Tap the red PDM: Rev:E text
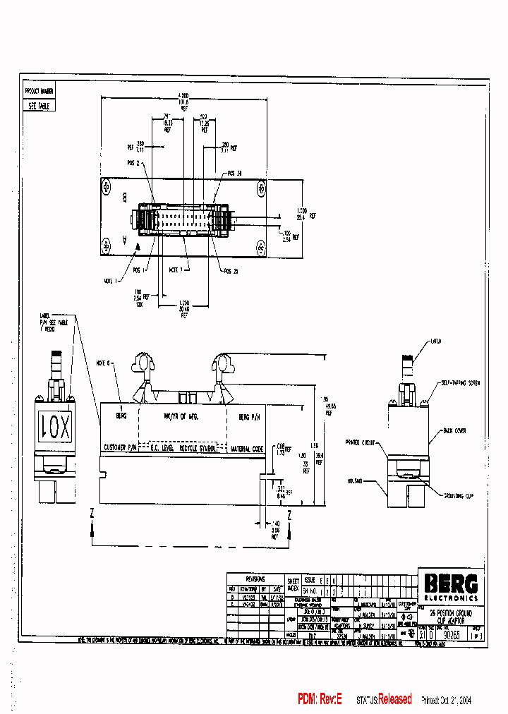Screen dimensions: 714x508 click(320, 699)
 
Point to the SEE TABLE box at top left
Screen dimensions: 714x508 click(37, 106)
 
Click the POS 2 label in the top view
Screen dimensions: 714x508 click(133, 162)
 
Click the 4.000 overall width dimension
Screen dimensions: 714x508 click(184, 95)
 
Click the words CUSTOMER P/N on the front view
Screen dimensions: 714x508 click(123, 447)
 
